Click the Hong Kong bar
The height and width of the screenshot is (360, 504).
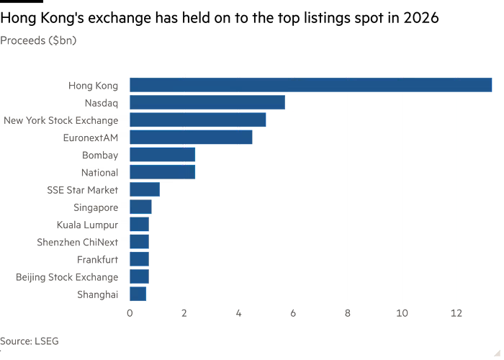310,85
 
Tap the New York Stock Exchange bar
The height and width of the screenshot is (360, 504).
198,120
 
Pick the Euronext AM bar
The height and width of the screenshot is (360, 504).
191,138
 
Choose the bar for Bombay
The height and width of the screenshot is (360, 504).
163,155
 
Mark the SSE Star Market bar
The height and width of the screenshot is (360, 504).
145,189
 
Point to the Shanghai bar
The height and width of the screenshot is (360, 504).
138,294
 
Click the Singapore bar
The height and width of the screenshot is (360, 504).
140,207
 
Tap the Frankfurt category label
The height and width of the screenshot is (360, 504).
97,259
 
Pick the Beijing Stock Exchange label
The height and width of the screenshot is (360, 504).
66,276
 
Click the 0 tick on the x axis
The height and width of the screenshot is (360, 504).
130,313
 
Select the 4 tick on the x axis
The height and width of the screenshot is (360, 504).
238,313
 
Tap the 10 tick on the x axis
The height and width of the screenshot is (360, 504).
402,313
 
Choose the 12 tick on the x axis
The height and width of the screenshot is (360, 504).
456,313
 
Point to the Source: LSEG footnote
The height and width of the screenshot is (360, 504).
30,341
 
